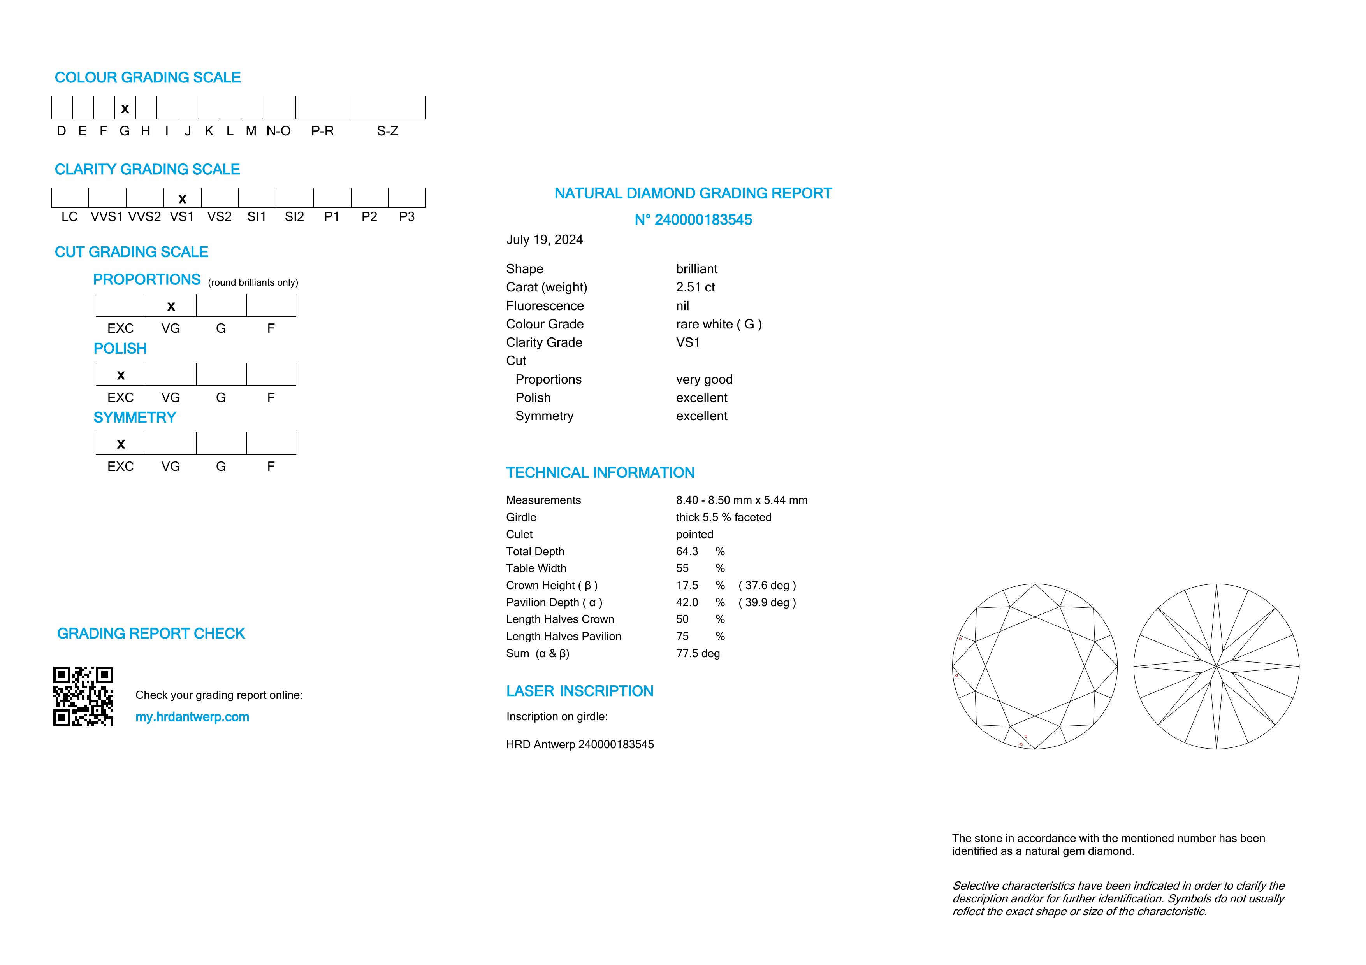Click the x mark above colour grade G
(x=125, y=109)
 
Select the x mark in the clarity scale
(x=183, y=199)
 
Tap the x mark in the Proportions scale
(x=171, y=307)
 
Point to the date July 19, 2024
(x=544, y=240)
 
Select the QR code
(x=83, y=696)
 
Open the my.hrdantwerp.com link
(x=192, y=717)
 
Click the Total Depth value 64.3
(x=687, y=552)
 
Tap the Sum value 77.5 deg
(x=698, y=653)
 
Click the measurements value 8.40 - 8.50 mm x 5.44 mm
(x=741, y=500)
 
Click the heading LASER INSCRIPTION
(x=580, y=691)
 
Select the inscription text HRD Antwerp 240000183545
(x=580, y=744)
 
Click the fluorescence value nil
(x=682, y=305)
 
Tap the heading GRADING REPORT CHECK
(x=151, y=634)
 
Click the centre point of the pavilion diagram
(x=1217, y=667)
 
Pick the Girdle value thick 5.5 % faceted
(x=723, y=517)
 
